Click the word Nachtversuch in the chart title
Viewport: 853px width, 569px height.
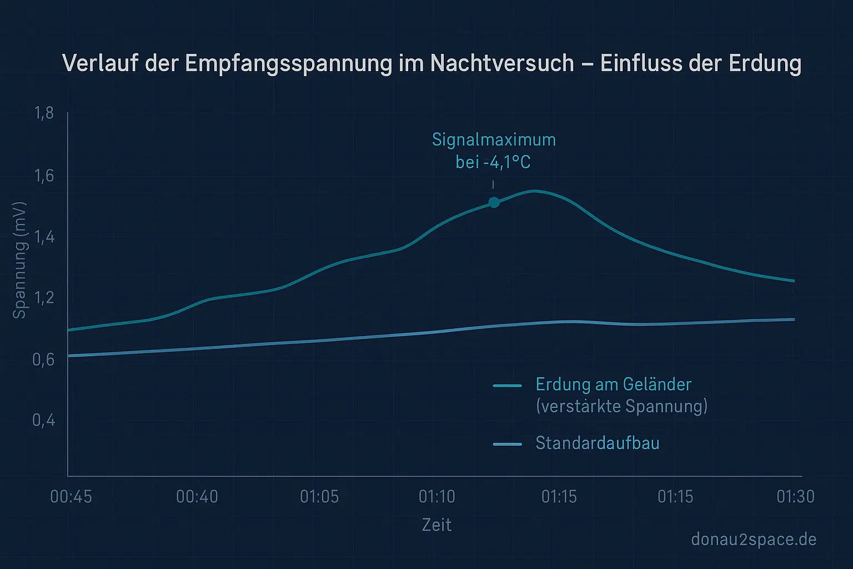click(501, 63)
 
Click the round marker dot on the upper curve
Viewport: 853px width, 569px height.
click(494, 202)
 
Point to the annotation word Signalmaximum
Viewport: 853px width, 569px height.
click(494, 139)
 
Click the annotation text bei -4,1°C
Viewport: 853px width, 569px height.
click(493, 162)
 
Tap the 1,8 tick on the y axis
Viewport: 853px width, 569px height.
click(44, 113)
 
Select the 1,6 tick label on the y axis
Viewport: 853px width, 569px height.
click(44, 176)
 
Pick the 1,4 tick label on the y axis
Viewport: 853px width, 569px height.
click(44, 237)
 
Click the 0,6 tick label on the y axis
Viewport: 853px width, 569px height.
click(44, 360)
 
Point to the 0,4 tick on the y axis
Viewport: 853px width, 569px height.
click(44, 420)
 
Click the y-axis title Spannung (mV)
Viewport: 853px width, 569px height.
click(19, 260)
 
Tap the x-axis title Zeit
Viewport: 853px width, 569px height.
click(436, 525)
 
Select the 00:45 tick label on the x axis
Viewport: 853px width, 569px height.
click(71, 496)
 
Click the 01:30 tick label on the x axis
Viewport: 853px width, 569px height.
click(795, 496)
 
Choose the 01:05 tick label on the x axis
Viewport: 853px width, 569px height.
click(319, 496)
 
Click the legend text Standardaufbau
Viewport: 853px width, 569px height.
click(597, 443)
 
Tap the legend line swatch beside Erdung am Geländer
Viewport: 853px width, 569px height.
click(507, 386)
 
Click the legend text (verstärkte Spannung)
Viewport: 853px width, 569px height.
click(621, 406)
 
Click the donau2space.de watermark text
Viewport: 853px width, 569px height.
click(754, 539)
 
